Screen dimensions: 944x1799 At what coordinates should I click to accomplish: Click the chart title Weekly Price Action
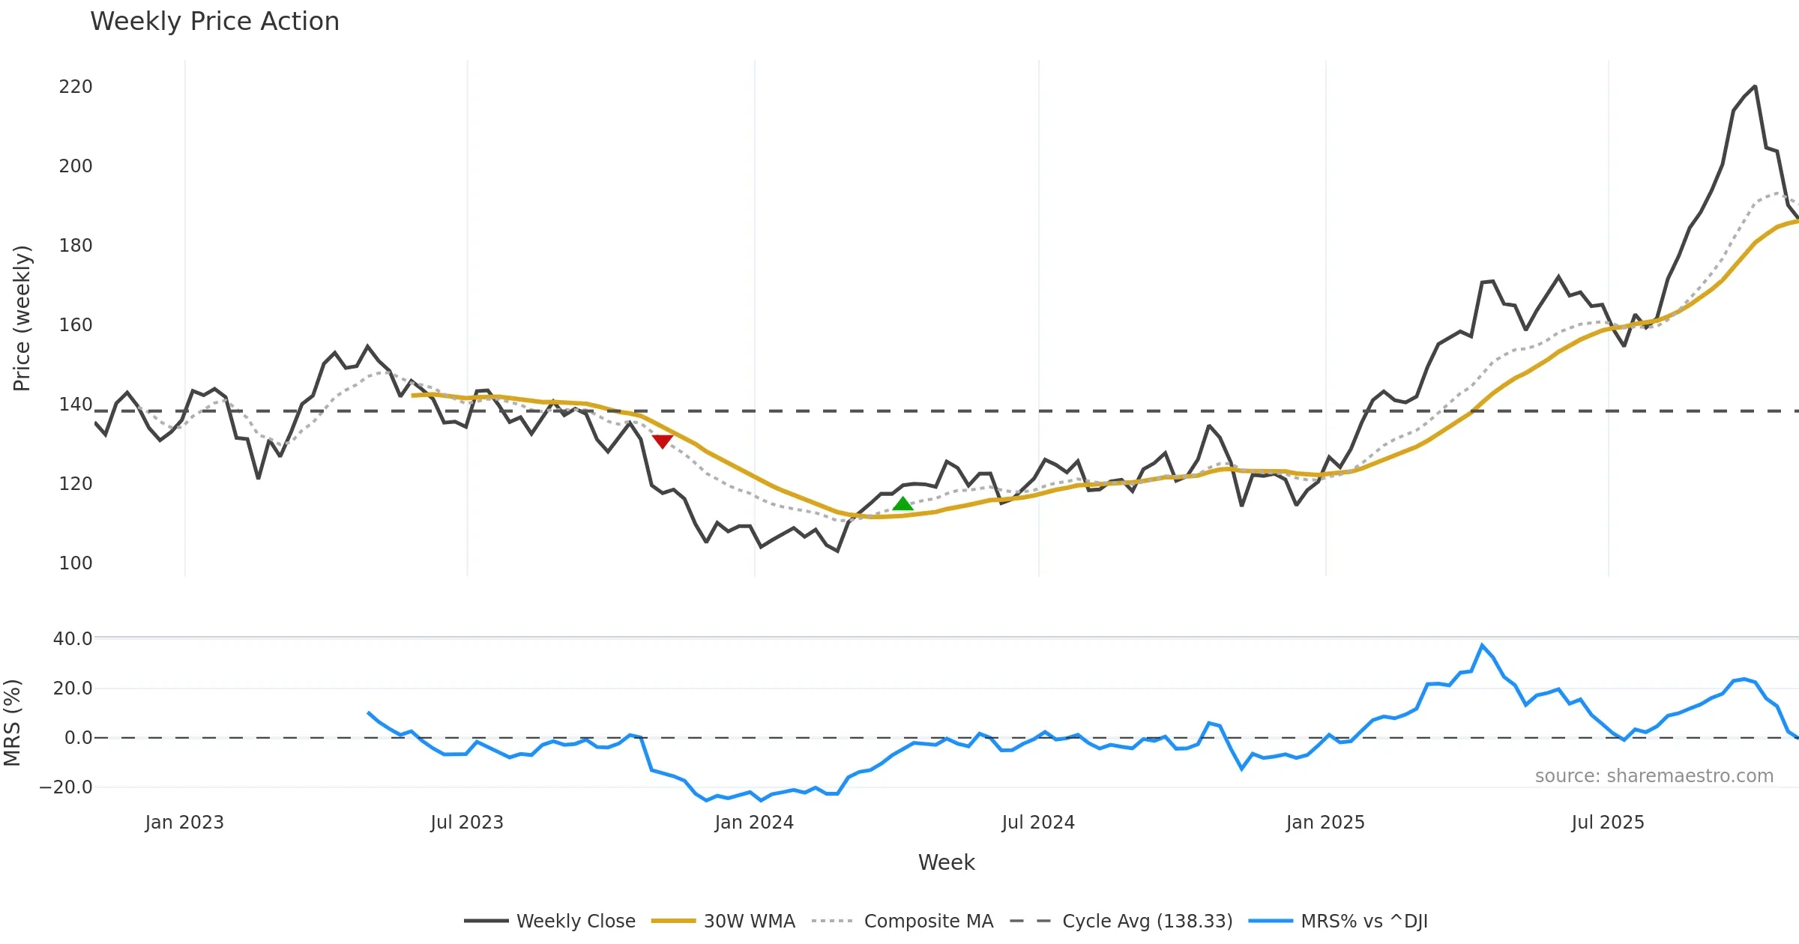tap(214, 22)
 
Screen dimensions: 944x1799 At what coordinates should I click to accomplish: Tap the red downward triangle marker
tap(662, 441)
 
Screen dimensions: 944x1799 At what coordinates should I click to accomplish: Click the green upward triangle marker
tap(903, 504)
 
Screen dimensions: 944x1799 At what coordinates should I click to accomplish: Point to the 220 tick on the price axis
tap(76, 87)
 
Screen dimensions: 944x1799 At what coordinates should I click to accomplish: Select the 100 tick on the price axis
tap(76, 563)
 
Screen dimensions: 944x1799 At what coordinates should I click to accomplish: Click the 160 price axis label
tap(76, 324)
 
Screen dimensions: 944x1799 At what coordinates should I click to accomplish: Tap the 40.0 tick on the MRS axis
tap(73, 639)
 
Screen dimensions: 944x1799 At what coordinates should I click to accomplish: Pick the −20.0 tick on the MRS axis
tap(66, 787)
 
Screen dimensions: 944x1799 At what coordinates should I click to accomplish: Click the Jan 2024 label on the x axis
tap(754, 823)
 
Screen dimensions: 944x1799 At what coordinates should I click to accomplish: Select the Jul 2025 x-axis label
tap(1608, 823)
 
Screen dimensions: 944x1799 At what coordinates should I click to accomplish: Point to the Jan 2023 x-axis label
tap(184, 823)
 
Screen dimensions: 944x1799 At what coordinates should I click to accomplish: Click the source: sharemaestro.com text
tap(1654, 776)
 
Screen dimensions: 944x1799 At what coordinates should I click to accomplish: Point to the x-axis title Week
tap(946, 863)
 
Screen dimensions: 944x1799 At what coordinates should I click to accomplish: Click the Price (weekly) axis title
tap(22, 318)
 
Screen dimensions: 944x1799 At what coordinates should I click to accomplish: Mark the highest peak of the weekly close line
tap(1755, 87)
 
